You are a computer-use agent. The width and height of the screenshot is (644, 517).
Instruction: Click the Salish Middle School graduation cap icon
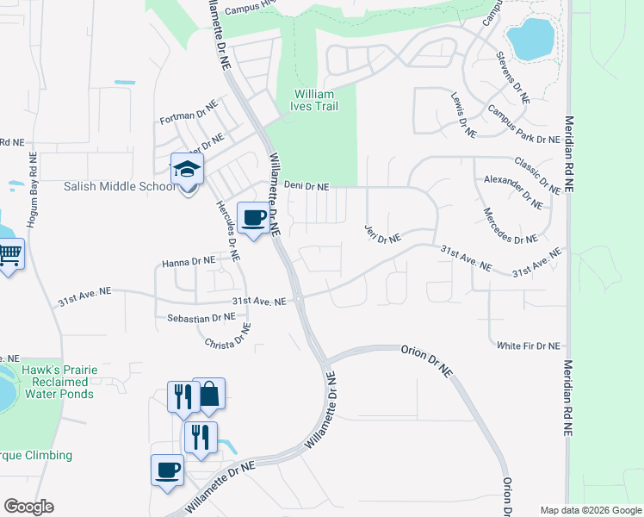(x=186, y=169)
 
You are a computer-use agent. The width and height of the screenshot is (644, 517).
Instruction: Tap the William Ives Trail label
(x=316, y=100)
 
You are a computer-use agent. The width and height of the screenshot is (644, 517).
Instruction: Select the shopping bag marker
(x=208, y=395)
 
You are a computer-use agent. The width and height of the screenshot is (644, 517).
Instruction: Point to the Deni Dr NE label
(x=307, y=186)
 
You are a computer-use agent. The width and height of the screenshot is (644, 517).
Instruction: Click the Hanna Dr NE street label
(x=188, y=260)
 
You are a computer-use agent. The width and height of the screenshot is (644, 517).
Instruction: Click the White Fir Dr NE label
(x=529, y=346)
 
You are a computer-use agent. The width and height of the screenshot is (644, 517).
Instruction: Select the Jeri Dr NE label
(x=383, y=234)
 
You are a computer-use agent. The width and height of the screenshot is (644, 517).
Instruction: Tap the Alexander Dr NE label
(x=512, y=191)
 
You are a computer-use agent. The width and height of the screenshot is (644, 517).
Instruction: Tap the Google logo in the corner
(x=28, y=507)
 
